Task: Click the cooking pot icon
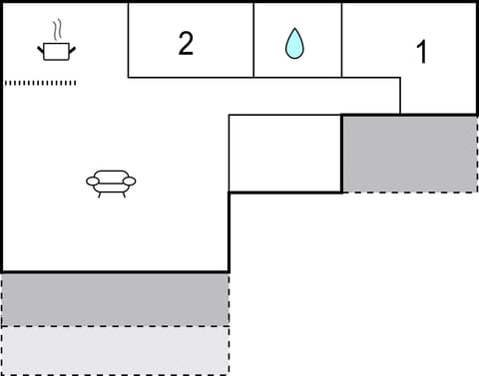pyautogui.click(x=57, y=50)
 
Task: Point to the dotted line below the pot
pyautogui.click(x=41, y=83)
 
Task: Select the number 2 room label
pyautogui.click(x=186, y=44)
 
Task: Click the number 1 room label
pyautogui.click(x=421, y=53)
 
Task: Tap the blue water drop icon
pyautogui.click(x=294, y=43)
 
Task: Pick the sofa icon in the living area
pyautogui.click(x=111, y=182)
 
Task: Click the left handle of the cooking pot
pyautogui.click(x=41, y=47)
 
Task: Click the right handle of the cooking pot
pyautogui.click(x=73, y=47)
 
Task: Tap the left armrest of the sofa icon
pyautogui.click(x=92, y=183)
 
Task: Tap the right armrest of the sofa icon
pyautogui.click(x=130, y=183)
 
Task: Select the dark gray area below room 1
pyautogui.click(x=409, y=154)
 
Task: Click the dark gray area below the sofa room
pyautogui.click(x=115, y=299)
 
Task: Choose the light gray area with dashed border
pyautogui.click(x=115, y=349)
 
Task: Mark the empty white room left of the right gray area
pyautogui.click(x=285, y=153)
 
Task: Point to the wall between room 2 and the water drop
pyautogui.click(x=253, y=40)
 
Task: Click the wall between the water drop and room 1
pyautogui.click(x=342, y=40)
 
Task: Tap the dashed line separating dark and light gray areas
pyautogui.click(x=115, y=326)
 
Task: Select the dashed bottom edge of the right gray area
pyautogui.click(x=409, y=191)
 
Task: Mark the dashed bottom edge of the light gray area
pyautogui.click(x=115, y=374)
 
